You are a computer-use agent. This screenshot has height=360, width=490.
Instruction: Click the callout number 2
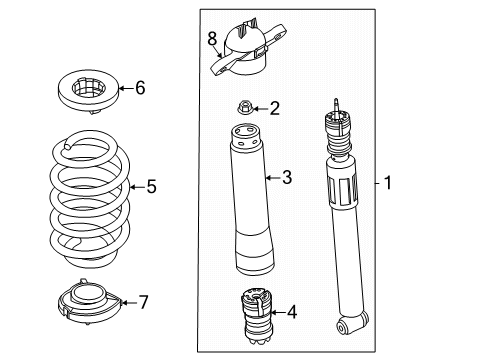(274, 107)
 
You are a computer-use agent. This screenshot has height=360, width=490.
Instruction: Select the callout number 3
(286, 179)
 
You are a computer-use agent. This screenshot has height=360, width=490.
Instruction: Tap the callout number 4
(291, 312)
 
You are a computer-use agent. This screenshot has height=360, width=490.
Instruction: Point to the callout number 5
(152, 185)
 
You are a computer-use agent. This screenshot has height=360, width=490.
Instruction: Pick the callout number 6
(140, 88)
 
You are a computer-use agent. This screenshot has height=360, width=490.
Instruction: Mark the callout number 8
(212, 39)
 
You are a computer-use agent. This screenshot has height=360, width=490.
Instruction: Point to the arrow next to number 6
(125, 88)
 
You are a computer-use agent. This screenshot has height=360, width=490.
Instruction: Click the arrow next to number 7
(127, 300)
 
